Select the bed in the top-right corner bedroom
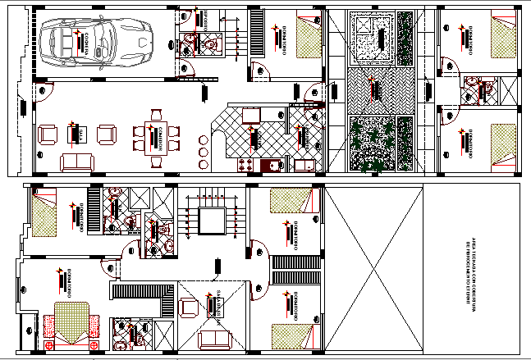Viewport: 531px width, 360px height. (502, 36)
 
